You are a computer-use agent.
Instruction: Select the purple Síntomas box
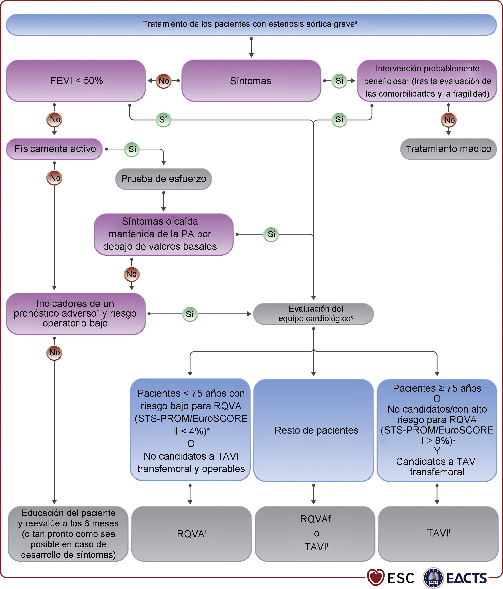point(251,81)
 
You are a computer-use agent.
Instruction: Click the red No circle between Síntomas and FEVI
point(164,81)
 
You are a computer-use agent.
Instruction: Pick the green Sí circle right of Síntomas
point(339,81)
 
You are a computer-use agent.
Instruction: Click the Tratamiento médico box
point(448,149)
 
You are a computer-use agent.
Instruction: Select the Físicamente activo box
point(55,149)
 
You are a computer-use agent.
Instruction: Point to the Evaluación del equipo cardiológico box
point(313,314)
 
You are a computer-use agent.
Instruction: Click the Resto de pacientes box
point(313,430)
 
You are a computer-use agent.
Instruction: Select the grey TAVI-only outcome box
point(438,533)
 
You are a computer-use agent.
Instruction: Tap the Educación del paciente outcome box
point(68,533)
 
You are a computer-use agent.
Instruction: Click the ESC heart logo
point(375,577)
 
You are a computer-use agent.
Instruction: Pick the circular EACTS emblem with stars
point(433,578)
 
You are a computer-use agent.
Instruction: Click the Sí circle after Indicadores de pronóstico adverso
point(190,314)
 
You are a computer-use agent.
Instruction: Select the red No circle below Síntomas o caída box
point(132,274)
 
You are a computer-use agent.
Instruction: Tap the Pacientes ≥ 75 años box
point(437,430)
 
